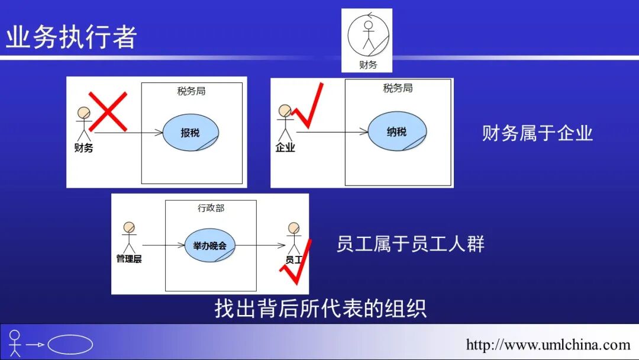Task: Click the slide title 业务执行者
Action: coord(71,37)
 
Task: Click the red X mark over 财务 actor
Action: coord(108,111)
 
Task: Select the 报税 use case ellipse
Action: coord(191,133)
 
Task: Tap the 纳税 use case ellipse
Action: coord(396,131)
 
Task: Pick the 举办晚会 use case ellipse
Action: coord(210,245)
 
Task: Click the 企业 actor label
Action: coord(285,148)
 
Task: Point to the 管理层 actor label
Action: coord(129,259)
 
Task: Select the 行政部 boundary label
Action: coord(211,208)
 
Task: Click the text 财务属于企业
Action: coord(537,133)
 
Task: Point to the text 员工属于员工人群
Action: coord(410,244)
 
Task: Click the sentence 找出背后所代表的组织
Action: coord(320,308)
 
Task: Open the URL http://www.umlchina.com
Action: coord(548,345)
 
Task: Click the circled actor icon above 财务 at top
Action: coord(368,33)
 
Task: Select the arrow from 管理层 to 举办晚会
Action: coord(160,245)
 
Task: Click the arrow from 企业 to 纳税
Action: coord(331,131)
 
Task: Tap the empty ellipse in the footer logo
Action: coord(70,344)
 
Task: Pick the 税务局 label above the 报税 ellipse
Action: coord(191,91)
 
